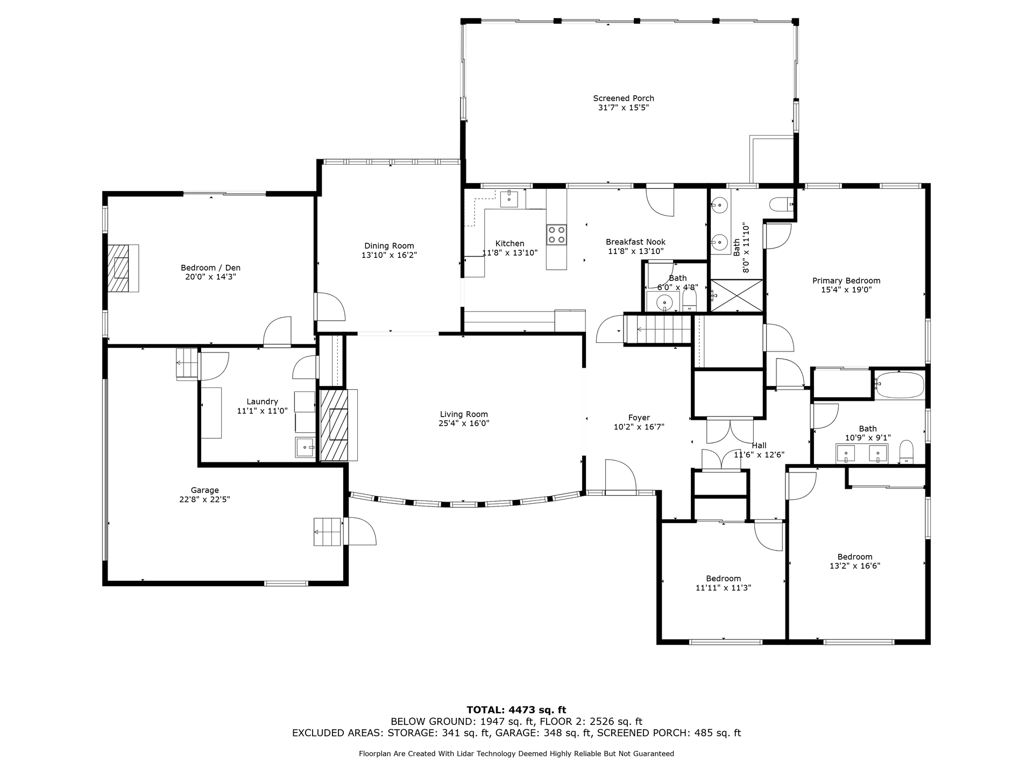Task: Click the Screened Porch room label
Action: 624,98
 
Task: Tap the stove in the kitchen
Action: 556,234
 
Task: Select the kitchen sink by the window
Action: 509,199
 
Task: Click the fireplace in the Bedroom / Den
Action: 123,268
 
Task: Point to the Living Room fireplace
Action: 339,425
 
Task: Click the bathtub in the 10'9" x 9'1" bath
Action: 899,385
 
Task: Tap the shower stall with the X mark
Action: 737,295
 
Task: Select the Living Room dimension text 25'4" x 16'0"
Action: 464,424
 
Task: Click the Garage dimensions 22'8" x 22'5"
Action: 204,499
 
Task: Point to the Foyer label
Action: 639,418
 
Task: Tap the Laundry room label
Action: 262,401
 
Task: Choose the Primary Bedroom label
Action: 846,280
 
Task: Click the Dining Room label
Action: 389,246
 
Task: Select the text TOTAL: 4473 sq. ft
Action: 516,710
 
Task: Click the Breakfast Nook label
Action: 635,242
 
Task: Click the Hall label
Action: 759,446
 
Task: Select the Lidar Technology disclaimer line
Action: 516,754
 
